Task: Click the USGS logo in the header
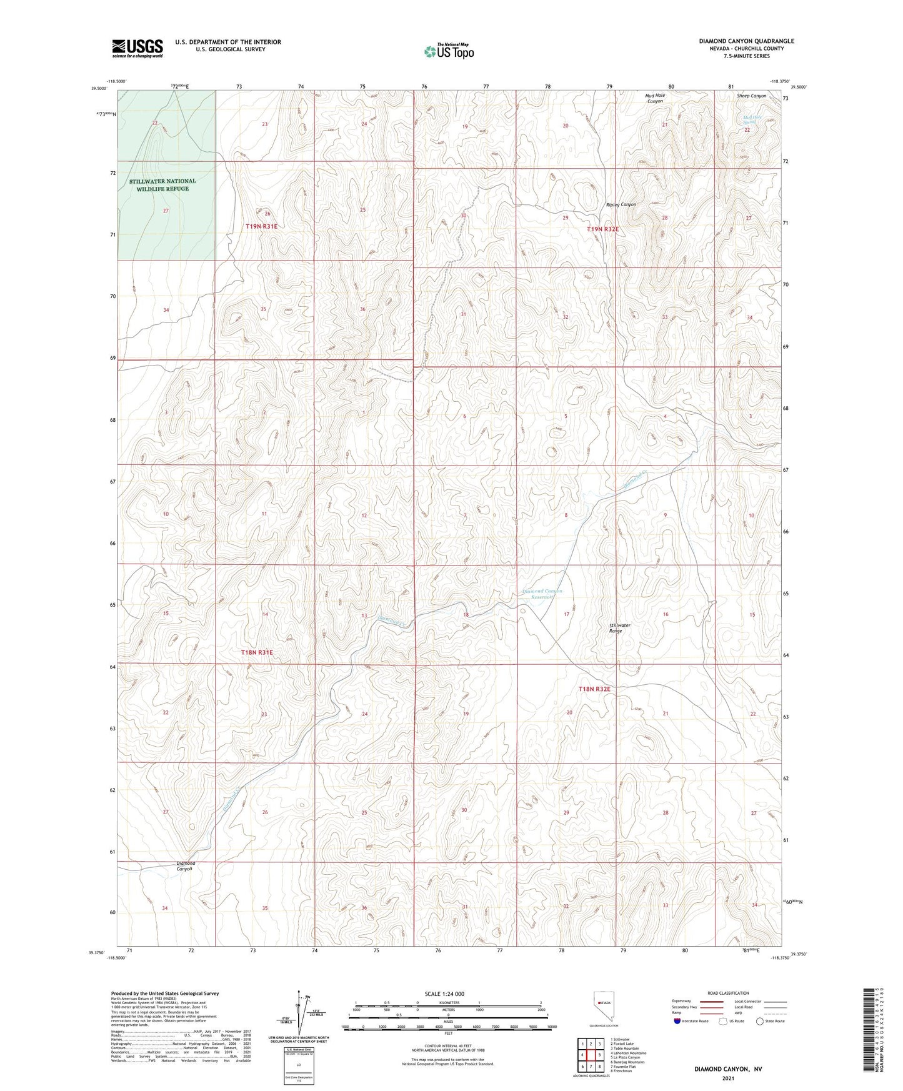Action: coord(137,48)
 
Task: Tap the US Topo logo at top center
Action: coord(448,51)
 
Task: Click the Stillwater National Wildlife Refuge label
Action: coord(162,185)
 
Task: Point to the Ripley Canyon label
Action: coord(621,205)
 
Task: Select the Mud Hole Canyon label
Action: coord(655,98)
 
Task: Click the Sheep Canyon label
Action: coord(751,96)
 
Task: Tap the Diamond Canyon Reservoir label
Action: coord(542,594)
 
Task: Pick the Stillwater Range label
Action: coord(619,628)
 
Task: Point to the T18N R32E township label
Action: coord(594,689)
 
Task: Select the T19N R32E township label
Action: coord(602,229)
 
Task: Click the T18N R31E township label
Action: coord(257,652)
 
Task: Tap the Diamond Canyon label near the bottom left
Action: coord(186,866)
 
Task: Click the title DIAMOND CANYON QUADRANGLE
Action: coord(746,41)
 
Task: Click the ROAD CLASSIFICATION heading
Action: coord(729,993)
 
